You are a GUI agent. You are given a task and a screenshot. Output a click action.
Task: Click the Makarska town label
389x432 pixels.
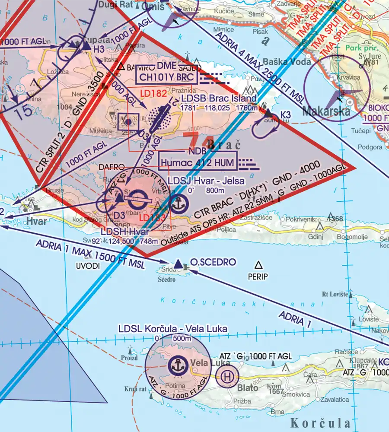pos(326,112)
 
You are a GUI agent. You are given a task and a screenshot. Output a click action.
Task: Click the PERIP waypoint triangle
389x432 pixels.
pos(258,265)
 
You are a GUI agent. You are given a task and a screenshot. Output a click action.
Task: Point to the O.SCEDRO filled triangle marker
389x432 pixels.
pos(179,264)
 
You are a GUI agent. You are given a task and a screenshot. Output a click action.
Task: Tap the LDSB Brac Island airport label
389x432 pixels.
pos(219,99)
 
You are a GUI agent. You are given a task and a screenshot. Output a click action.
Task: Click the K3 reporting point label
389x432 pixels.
pos(285,114)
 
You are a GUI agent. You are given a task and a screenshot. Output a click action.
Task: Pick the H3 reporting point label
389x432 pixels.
pos(99,50)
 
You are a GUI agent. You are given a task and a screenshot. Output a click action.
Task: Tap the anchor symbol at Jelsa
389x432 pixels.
pos(178,203)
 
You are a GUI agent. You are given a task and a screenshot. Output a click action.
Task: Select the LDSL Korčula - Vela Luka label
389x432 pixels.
pos(173,329)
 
